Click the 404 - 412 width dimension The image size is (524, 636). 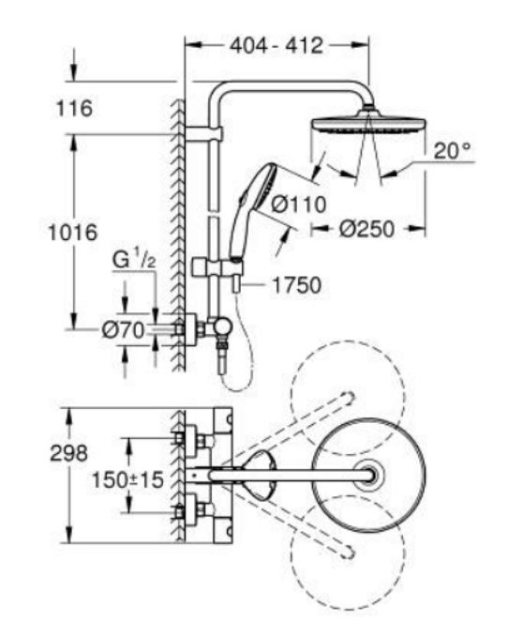click(277, 45)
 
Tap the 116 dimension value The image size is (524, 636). click(74, 108)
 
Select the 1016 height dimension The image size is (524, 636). click(73, 233)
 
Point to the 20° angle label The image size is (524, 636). click(453, 151)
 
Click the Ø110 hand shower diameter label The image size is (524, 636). click(299, 204)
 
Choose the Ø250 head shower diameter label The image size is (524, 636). click(367, 229)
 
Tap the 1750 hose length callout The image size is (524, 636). click(296, 285)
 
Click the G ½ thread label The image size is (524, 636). click(134, 260)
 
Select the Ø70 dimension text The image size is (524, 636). click(123, 330)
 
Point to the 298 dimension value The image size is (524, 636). click(68, 453)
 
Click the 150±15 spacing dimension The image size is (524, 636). click(128, 480)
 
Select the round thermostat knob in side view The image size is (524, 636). click(223, 326)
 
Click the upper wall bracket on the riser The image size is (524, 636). click(203, 134)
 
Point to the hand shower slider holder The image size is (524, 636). click(218, 267)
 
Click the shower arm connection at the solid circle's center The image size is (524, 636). click(370, 475)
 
